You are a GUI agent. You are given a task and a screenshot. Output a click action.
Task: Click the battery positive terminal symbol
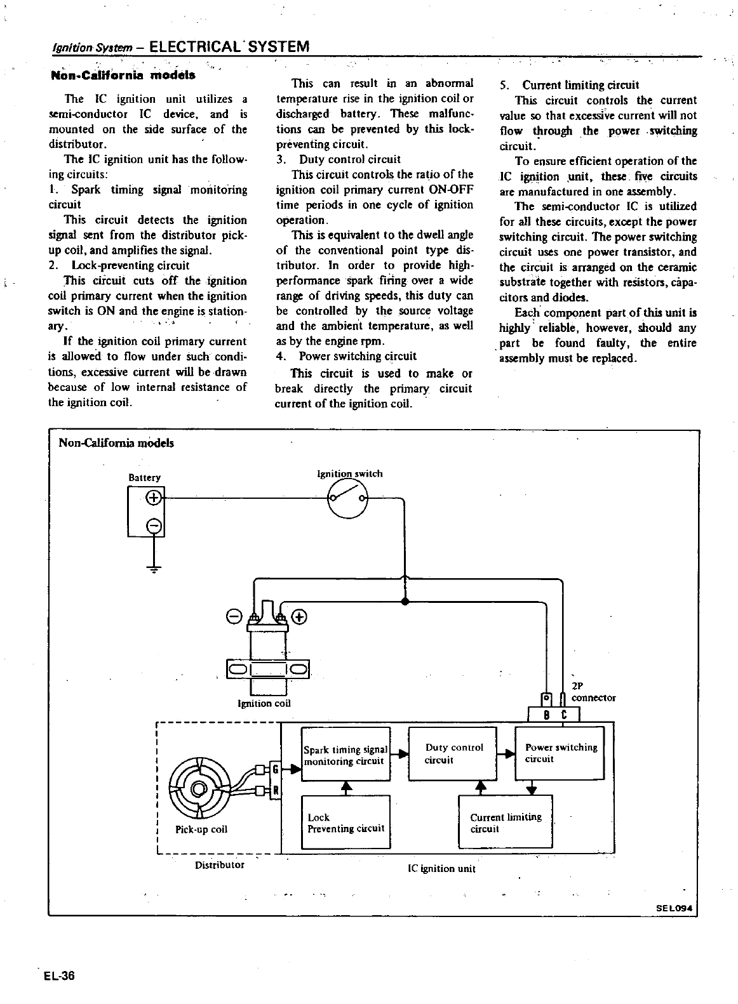click(x=154, y=498)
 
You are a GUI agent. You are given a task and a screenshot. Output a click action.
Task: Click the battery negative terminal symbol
click(x=154, y=525)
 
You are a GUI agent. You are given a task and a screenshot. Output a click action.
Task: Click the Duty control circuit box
click(x=452, y=753)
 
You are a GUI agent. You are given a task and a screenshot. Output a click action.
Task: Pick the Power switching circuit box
click(x=560, y=753)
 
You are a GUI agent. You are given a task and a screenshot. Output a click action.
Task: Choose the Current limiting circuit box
click(x=505, y=822)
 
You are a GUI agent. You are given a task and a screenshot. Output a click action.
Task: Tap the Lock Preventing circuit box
click(x=345, y=822)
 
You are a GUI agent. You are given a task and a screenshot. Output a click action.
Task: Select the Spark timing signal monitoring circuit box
click(x=345, y=755)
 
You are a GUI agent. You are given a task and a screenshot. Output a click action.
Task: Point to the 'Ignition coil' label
click(x=264, y=703)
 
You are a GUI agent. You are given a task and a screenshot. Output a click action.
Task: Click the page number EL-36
click(x=60, y=975)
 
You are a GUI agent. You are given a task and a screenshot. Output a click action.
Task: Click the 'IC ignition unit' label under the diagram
click(x=441, y=868)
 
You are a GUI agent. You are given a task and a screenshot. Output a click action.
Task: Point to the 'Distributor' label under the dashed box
click(x=219, y=864)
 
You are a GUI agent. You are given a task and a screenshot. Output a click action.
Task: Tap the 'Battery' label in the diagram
click(x=144, y=477)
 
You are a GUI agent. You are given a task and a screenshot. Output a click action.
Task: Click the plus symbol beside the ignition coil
click(x=300, y=616)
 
